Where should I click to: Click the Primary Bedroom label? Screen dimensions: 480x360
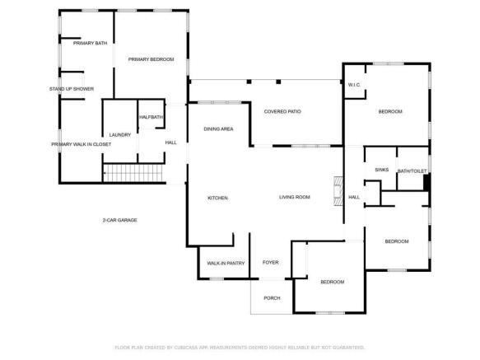(x=151, y=59)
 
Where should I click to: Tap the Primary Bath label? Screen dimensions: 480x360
(x=90, y=43)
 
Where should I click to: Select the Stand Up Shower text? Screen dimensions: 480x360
(x=72, y=89)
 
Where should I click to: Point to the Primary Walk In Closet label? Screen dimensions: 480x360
(x=82, y=144)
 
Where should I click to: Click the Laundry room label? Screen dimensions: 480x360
(x=120, y=135)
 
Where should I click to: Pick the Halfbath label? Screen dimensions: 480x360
(x=151, y=117)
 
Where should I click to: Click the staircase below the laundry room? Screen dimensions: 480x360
(x=133, y=173)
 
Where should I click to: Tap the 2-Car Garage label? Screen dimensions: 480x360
(x=119, y=220)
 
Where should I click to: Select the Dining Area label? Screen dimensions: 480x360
(x=218, y=129)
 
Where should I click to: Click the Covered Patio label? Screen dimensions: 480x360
(x=282, y=111)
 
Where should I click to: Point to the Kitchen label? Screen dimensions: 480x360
(x=217, y=198)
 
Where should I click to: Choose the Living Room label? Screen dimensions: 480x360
(x=295, y=197)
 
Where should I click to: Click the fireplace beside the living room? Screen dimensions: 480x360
(x=338, y=191)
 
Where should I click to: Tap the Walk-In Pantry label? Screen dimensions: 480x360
(x=226, y=263)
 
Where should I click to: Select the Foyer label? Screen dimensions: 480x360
(x=271, y=262)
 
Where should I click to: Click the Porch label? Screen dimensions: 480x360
(x=272, y=298)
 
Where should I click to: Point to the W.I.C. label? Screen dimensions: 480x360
(x=354, y=85)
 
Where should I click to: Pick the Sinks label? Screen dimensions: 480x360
(x=382, y=170)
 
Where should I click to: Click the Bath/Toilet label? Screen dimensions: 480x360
(x=412, y=171)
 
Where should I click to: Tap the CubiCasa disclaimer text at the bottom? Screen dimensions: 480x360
(x=240, y=348)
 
